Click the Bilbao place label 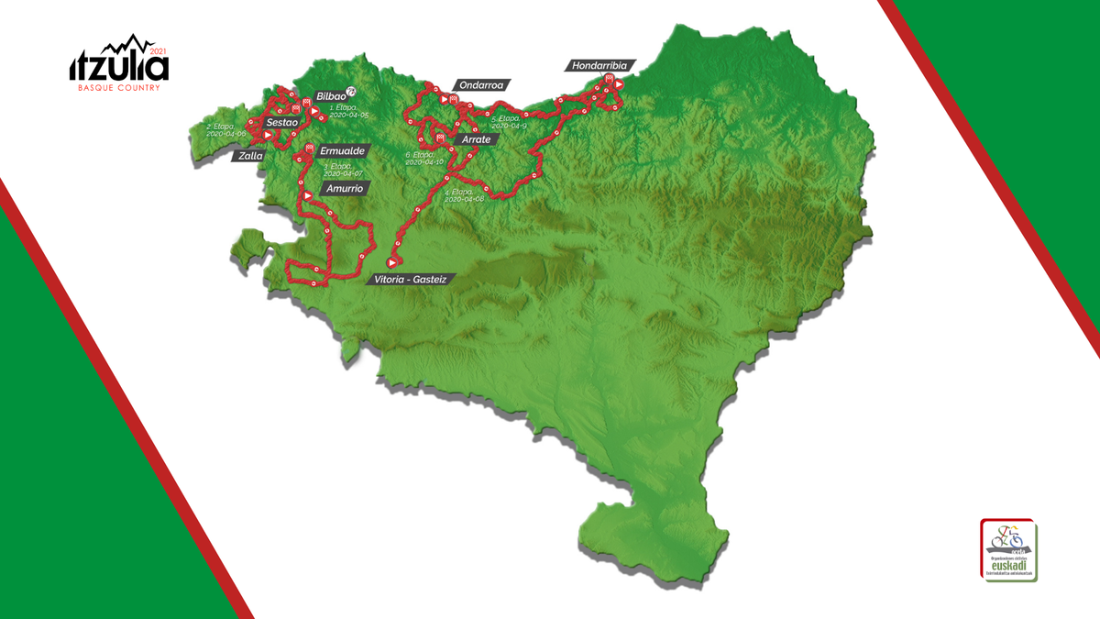(330, 96)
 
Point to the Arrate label (477, 139)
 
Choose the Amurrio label (344, 189)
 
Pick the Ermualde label (344, 150)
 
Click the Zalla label (249, 156)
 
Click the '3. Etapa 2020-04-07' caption (344, 170)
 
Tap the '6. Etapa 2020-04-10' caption (424, 159)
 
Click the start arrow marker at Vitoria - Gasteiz (393, 262)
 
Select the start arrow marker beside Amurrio (308, 194)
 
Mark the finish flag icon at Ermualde (310, 148)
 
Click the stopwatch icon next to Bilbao (350, 91)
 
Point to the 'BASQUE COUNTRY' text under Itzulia (119, 88)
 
